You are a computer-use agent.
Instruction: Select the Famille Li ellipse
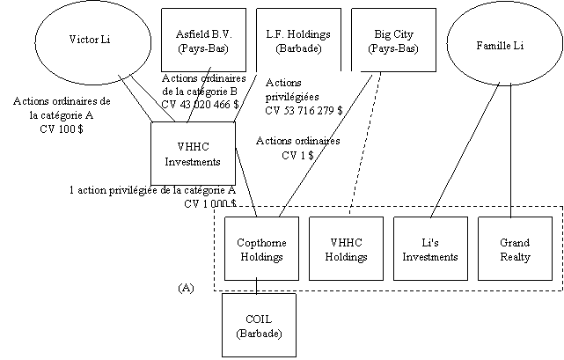coord(499,44)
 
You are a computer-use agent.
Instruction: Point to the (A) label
coord(186,287)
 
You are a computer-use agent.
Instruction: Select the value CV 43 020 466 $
coord(201,106)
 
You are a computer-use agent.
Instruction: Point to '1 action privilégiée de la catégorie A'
coord(152,189)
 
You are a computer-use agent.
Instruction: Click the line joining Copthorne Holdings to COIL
coord(257,285)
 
